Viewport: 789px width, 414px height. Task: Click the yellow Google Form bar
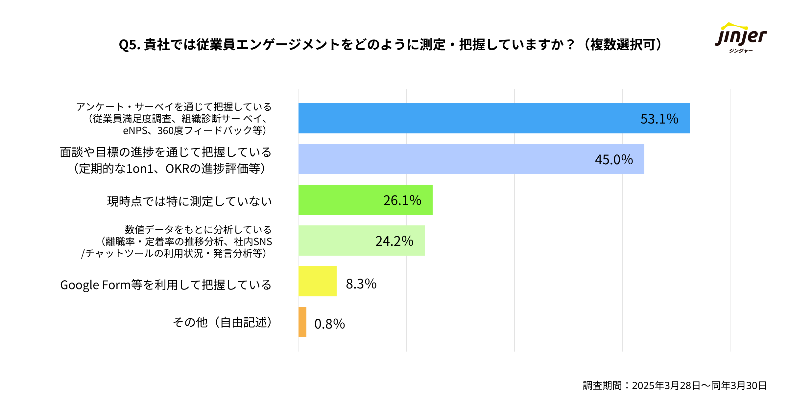[x=317, y=281]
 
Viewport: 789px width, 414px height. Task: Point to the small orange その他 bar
[x=302, y=322]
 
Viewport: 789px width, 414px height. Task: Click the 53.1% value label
[x=659, y=119]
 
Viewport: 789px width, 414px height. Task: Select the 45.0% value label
[x=614, y=160]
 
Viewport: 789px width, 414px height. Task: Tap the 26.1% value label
[x=402, y=200]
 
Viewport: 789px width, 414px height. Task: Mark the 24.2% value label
[x=394, y=241]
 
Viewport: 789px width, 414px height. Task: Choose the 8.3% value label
[x=361, y=284]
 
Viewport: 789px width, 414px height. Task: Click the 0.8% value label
[x=329, y=324]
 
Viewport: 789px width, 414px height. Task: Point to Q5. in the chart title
[x=130, y=45]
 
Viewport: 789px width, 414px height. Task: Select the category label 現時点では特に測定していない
[x=189, y=201]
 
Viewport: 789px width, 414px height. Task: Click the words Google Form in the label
[x=95, y=285]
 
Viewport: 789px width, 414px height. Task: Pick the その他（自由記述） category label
[x=223, y=322]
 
